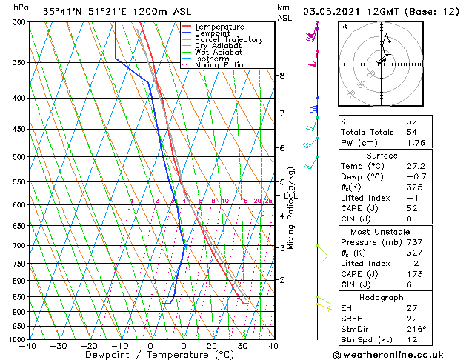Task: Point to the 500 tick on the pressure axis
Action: coord(19,157)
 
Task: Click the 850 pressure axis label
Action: coord(19,296)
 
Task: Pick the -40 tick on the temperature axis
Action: coord(28,346)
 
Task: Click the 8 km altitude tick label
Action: coord(282,76)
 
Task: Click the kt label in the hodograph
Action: coord(344,26)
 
